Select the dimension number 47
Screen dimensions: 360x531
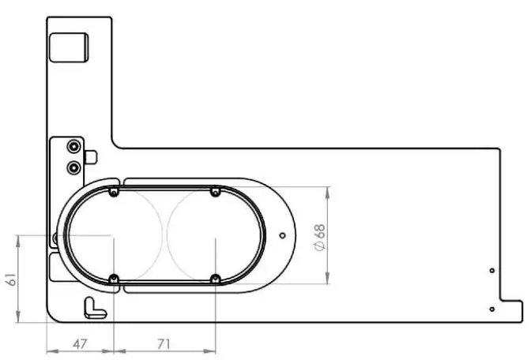[80, 343]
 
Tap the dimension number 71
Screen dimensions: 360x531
[164, 343]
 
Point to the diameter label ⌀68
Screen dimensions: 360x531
[319, 236]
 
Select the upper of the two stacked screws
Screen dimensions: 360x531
[73, 147]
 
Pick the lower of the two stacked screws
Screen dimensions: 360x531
[73, 167]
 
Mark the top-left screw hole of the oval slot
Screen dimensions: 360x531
[115, 193]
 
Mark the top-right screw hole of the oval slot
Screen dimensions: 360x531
[215, 193]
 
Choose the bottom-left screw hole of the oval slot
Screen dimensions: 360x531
[115, 278]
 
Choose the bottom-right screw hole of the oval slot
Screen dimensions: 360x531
[215, 278]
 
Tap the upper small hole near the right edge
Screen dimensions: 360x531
[491, 271]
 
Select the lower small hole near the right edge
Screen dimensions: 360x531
[491, 309]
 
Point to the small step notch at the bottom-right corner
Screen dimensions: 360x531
[513, 310]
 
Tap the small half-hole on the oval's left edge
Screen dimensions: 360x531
[55, 237]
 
